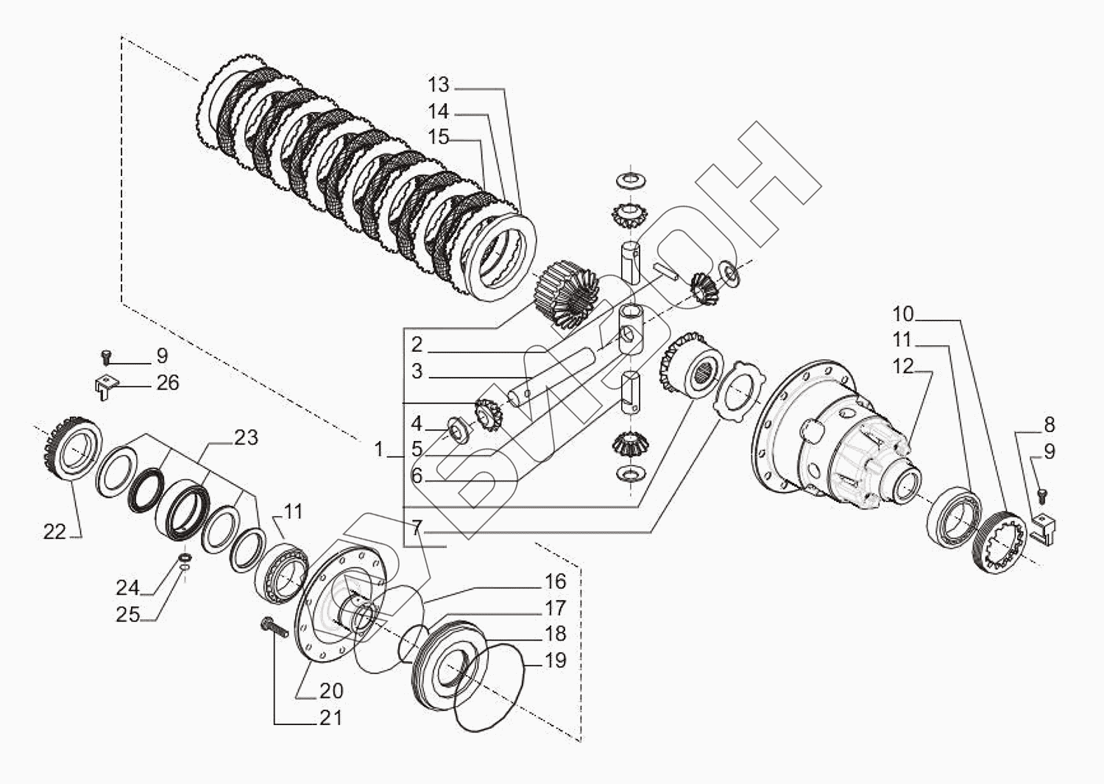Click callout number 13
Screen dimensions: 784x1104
tap(439, 85)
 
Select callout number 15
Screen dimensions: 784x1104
tap(439, 138)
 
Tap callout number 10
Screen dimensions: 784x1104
tap(903, 314)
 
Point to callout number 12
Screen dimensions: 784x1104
tap(903, 366)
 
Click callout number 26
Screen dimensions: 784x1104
tap(168, 383)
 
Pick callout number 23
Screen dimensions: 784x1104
tap(246, 438)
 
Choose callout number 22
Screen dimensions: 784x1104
tap(54, 532)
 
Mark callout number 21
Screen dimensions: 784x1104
tap(331, 717)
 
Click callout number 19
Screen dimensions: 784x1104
tap(556, 660)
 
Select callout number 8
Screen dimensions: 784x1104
tap(1049, 425)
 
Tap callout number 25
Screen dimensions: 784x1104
tap(127, 614)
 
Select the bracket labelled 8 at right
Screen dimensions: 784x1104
tap(1045, 529)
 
